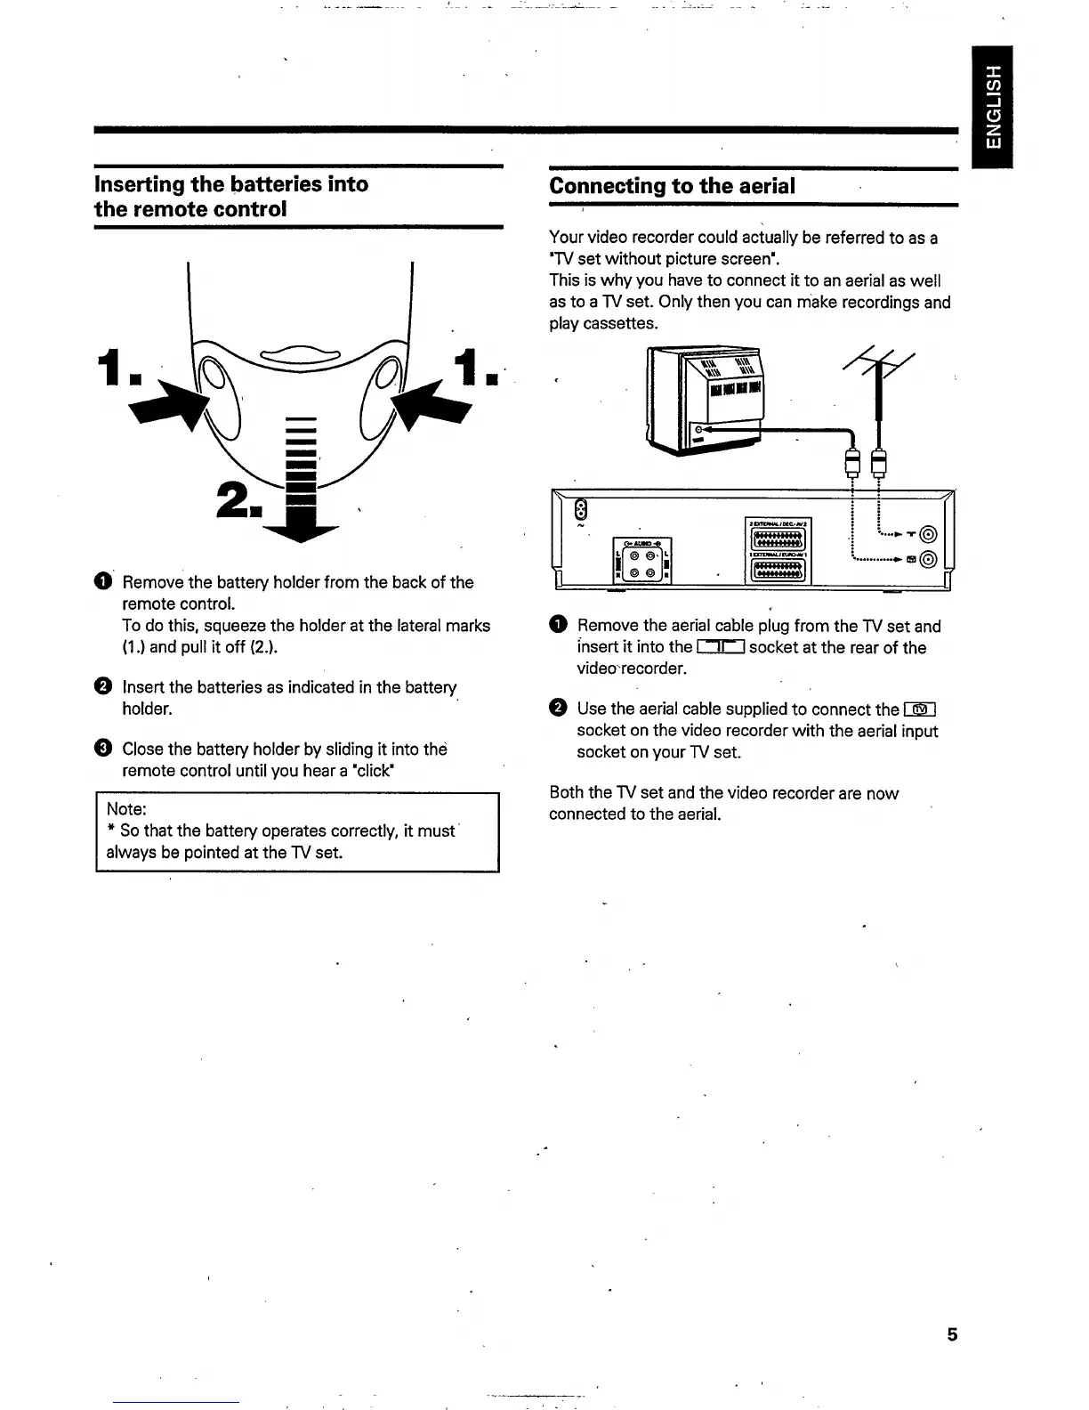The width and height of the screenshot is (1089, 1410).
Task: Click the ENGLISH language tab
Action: tap(993, 106)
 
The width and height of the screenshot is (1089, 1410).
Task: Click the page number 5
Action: tap(952, 1334)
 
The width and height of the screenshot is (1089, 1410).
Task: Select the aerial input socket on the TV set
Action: tap(698, 431)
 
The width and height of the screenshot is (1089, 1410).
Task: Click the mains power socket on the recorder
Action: tap(581, 509)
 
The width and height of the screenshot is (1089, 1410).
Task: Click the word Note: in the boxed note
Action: tap(126, 809)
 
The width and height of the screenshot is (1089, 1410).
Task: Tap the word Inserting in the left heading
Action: tap(138, 184)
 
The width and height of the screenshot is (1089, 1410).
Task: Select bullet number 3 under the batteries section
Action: tap(102, 749)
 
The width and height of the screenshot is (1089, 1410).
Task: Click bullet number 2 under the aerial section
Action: tap(557, 709)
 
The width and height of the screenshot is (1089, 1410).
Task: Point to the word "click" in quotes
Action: tap(370, 771)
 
